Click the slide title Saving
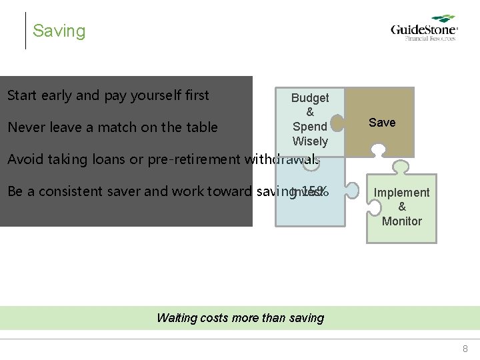pos(59,31)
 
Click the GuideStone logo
pos(424,29)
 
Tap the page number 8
pos(465,349)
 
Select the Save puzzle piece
pos(382,123)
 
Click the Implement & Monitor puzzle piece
pos(401,207)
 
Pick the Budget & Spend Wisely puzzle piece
pos(310,120)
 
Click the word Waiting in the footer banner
pos(177,318)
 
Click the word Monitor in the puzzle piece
pos(401,221)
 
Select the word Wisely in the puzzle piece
pos(310,141)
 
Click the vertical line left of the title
pos(25,31)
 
